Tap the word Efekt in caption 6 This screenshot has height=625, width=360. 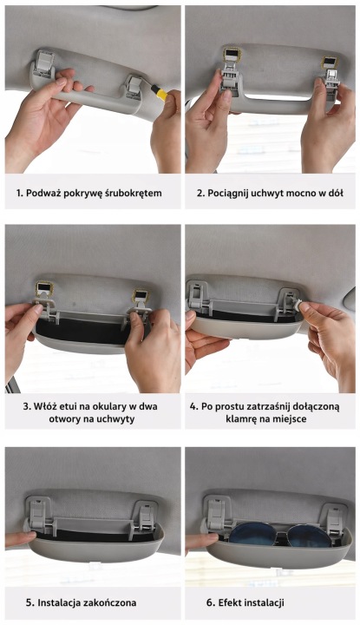point(229,602)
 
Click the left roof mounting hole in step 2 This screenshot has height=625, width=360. point(230,54)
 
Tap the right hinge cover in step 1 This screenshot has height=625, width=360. point(134,85)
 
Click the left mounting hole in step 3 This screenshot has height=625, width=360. point(43,288)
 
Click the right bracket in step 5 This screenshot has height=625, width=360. point(143,519)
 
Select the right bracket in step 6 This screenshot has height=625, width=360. point(334,519)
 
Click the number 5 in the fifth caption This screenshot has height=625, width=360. point(29,602)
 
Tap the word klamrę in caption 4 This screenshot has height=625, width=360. point(242,419)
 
